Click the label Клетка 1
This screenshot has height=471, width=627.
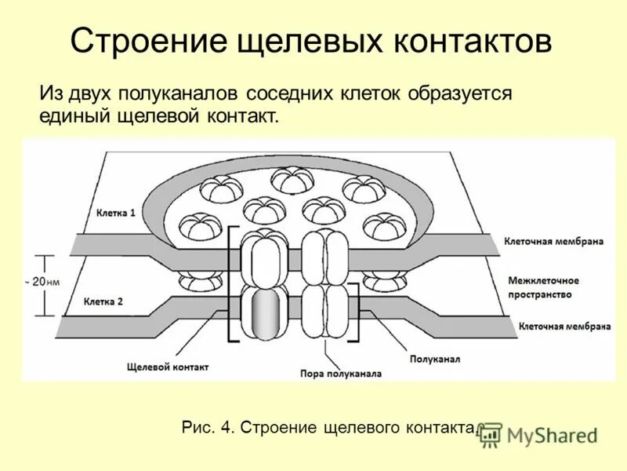(x=116, y=213)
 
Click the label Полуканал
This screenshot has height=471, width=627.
(x=434, y=359)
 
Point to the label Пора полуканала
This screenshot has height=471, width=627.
(x=341, y=374)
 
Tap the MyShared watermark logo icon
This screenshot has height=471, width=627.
(x=491, y=434)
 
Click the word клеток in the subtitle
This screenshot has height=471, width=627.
(x=371, y=93)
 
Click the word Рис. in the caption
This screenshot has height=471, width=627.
(x=197, y=428)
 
